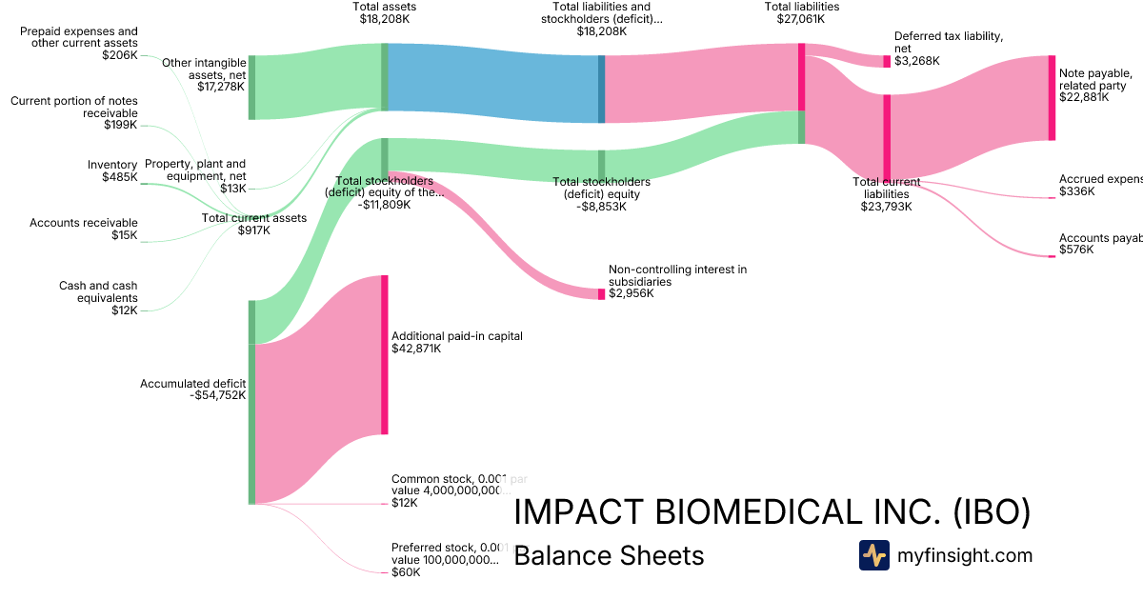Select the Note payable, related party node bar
[1052, 98]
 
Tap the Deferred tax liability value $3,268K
[916, 61]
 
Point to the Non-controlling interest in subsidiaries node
[601, 294]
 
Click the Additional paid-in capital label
[456, 336]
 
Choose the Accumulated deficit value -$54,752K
[218, 395]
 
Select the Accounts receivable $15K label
[83, 229]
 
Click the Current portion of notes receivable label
[73, 112]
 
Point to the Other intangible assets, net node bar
[251, 88]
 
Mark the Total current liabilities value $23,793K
[886, 206]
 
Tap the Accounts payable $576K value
[1076, 250]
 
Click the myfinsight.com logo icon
[873, 555]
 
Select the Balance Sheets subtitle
[609, 555]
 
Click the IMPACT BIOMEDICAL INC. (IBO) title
[772, 512]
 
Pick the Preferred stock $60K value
[404, 572]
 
